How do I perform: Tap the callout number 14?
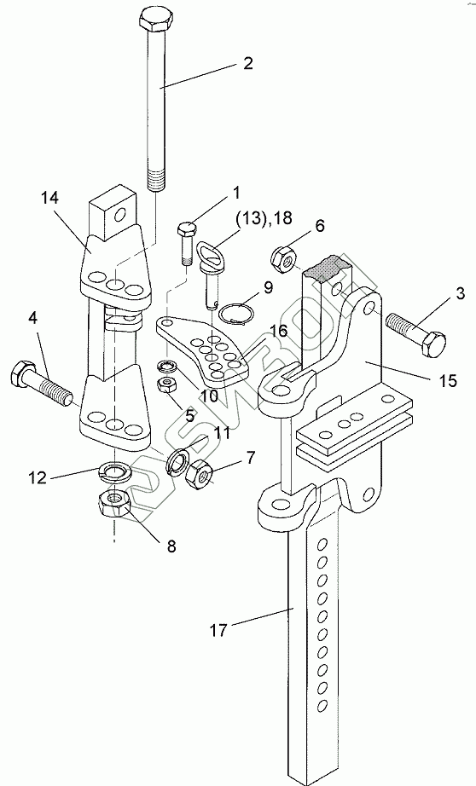click(49, 198)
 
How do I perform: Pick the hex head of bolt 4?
click(20, 373)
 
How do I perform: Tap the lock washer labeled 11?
click(177, 459)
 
